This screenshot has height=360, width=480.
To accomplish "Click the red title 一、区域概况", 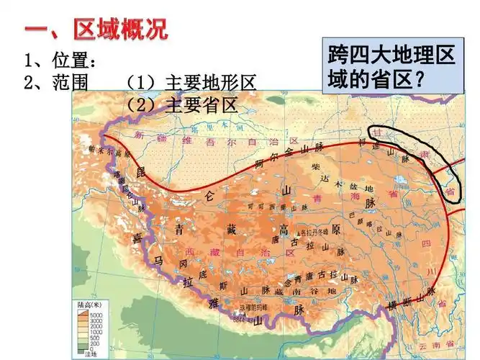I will [x=96, y=30].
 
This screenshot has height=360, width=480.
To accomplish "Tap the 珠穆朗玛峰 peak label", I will [x=248, y=307].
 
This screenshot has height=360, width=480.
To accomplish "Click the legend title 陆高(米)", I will [x=89, y=305].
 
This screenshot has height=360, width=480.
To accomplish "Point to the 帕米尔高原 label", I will [x=101, y=152].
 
